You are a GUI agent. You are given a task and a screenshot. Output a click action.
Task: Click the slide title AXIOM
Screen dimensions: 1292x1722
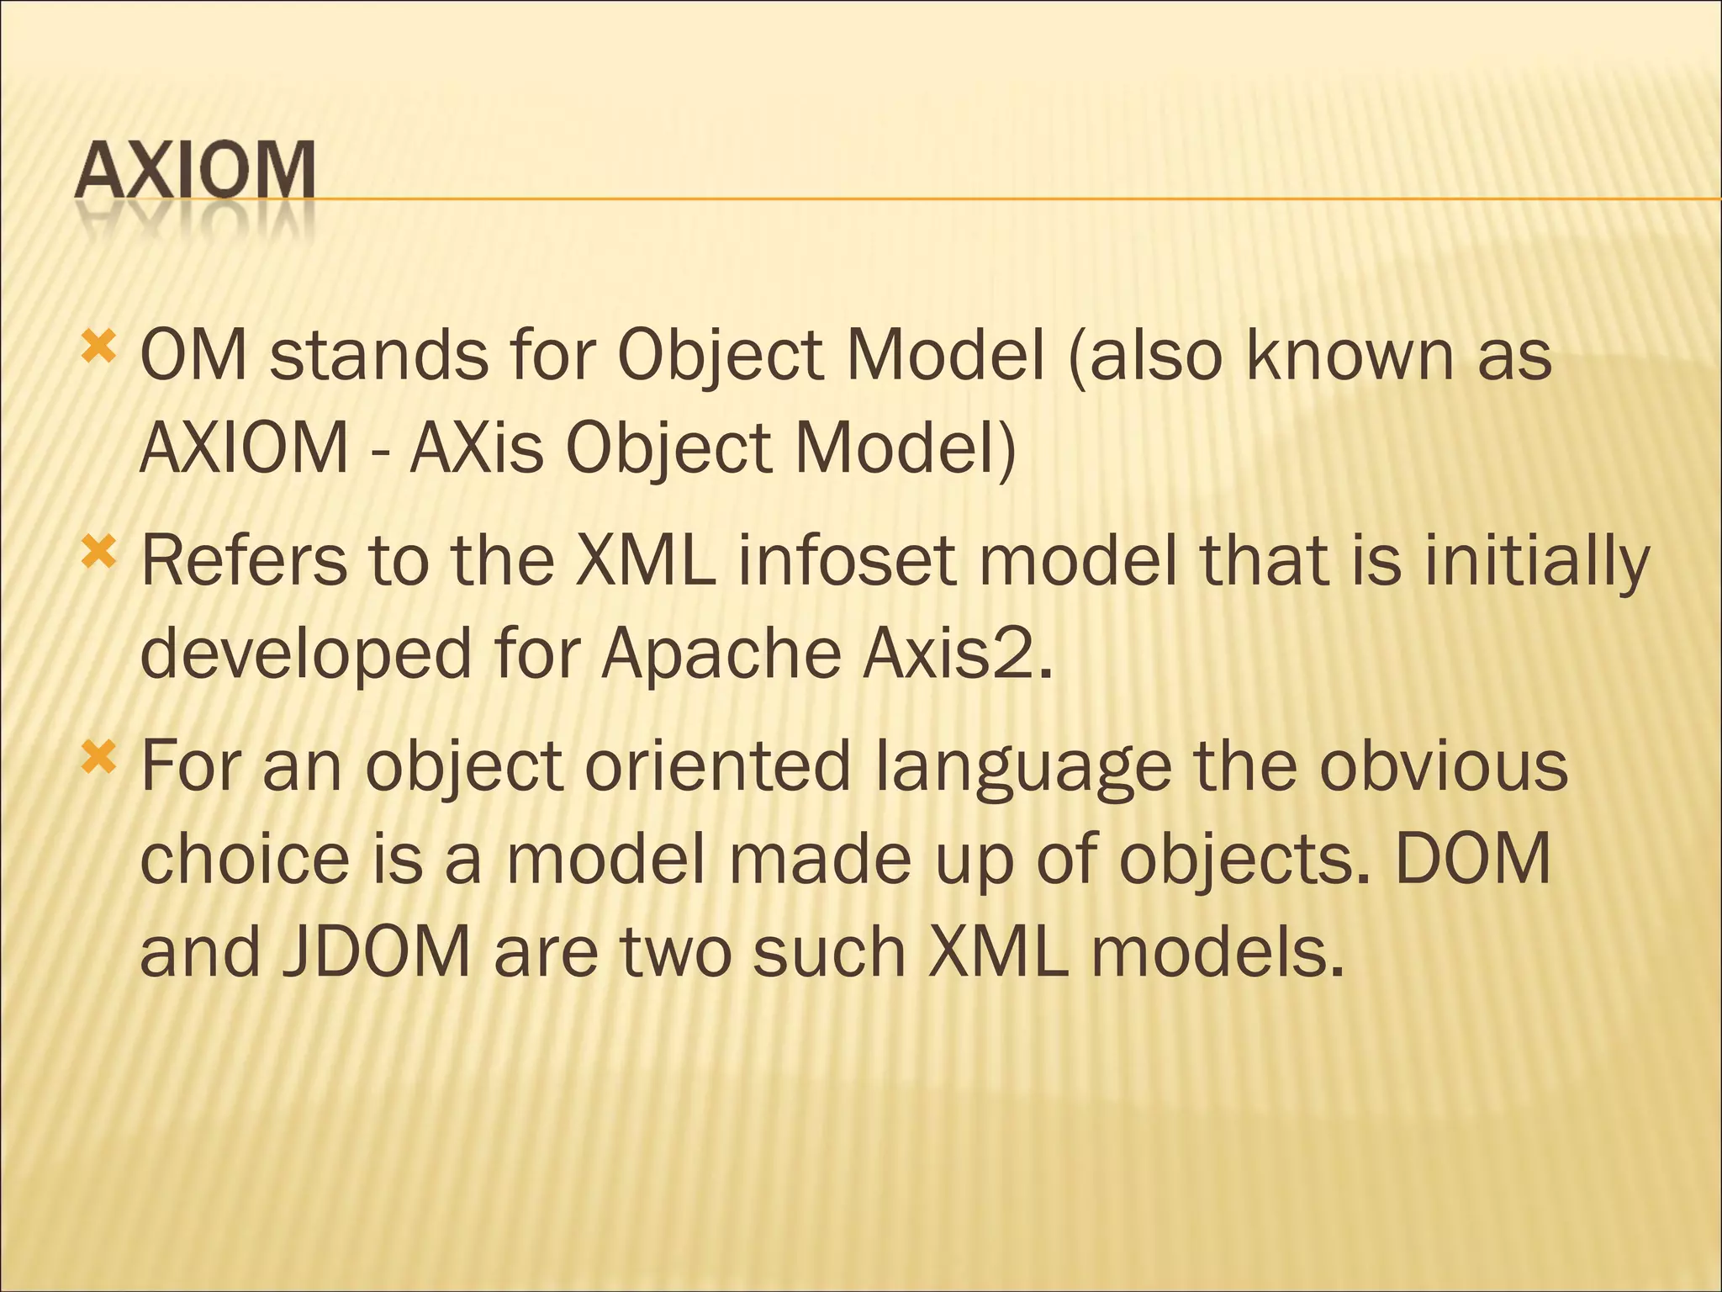click(x=195, y=170)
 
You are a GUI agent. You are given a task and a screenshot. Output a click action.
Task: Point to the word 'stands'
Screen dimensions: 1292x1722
click(x=379, y=356)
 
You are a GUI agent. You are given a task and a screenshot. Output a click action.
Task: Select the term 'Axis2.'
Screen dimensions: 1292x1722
click(x=958, y=654)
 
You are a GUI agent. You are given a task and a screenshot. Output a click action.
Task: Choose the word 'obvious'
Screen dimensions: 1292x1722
click(x=1443, y=767)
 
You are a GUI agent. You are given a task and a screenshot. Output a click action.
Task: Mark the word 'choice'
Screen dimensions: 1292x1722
click(x=245, y=860)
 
